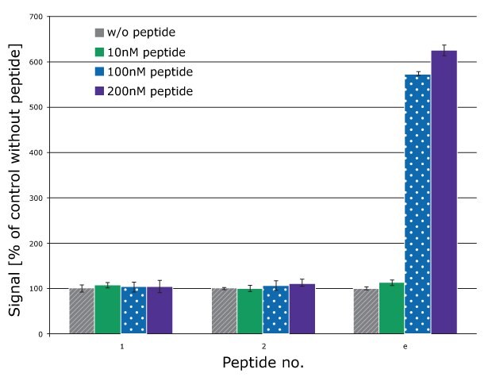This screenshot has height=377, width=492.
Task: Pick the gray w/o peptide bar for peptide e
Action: pos(366,311)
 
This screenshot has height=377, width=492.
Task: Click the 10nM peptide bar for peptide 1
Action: pos(107,310)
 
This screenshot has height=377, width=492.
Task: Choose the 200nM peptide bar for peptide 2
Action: pos(302,309)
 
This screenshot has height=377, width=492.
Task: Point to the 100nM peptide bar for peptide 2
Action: pos(276,310)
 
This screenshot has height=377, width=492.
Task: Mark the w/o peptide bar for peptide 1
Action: pos(82,311)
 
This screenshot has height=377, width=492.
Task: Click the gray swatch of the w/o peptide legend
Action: pos(99,33)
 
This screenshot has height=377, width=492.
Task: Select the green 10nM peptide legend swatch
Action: pos(99,52)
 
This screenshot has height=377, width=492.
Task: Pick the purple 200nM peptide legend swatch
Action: pos(99,91)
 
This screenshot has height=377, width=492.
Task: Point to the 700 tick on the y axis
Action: pos(35,16)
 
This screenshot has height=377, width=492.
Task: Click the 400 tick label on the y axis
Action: pos(35,152)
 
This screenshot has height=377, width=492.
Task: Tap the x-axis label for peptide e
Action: pos(405,347)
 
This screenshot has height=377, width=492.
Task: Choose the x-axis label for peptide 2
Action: pos(263,347)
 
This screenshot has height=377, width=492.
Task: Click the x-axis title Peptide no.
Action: pos(263,363)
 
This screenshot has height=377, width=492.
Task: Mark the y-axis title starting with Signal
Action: pos(16,181)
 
